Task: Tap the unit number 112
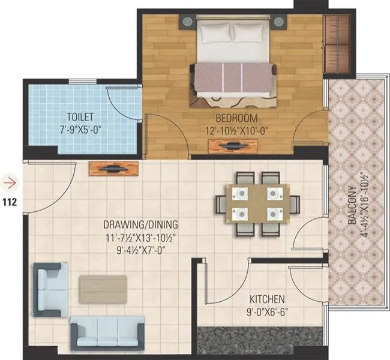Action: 10,202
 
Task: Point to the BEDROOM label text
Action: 238,118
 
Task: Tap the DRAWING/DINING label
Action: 140,226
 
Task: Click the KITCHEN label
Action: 268,299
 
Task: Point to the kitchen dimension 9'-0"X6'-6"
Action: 268,311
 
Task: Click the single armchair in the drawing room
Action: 50,289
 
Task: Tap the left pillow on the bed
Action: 214,34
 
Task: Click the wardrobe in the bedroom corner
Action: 337,45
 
